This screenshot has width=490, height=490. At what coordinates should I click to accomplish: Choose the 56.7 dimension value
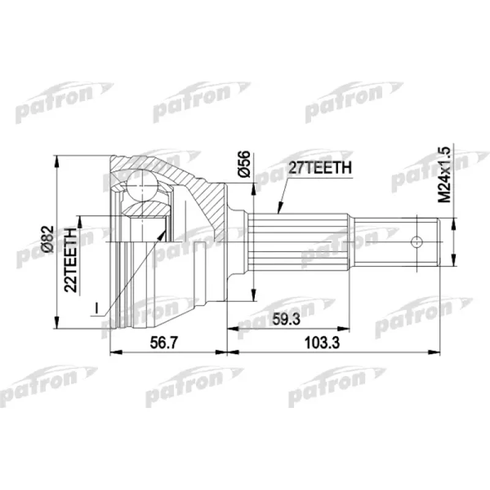164,344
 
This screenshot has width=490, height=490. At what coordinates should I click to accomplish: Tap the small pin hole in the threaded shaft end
418,241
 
